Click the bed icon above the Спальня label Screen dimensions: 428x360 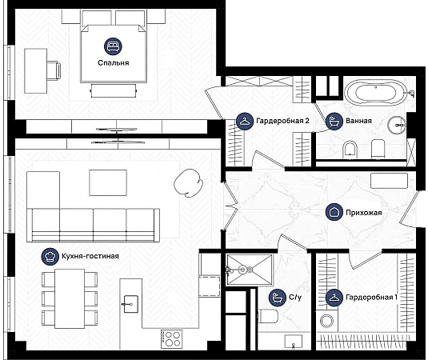point(113,46)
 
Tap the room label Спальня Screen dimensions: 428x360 point(114,63)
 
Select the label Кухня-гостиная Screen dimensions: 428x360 point(90,256)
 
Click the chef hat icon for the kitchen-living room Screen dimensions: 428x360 point(50,257)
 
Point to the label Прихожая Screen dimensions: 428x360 point(363,213)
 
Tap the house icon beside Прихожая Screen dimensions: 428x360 point(334,212)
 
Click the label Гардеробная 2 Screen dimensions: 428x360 point(282,121)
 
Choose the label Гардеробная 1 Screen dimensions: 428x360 point(371,298)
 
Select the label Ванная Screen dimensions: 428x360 point(358,121)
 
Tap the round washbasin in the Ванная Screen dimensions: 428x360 point(397,126)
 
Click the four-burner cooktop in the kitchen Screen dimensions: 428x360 point(171,338)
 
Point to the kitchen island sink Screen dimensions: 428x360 point(130,304)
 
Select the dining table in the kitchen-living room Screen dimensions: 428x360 point(70,298)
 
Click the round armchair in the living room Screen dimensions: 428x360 point(188,183)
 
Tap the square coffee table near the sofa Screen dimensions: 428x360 point(108,182)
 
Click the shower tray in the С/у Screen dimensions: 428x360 point(250,270)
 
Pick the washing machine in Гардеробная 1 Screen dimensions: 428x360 point(326,321)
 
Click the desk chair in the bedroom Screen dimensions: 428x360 point(54,70)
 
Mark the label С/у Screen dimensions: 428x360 point(295,297)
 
